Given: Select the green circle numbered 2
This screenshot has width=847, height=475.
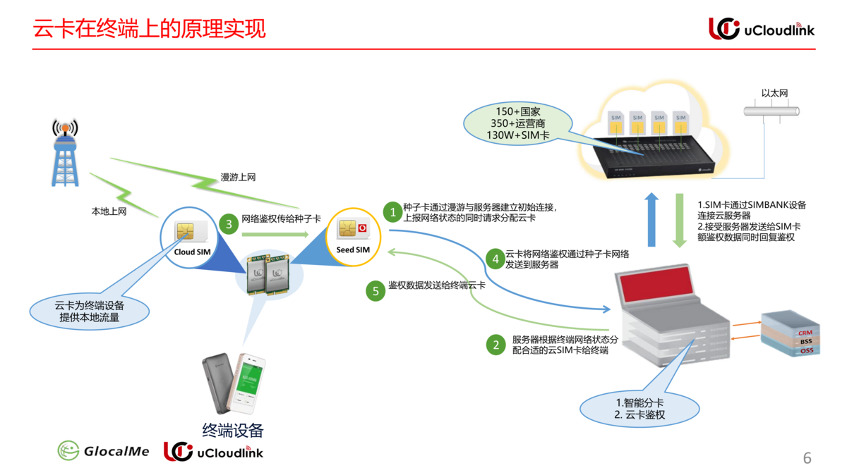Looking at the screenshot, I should [496, 345].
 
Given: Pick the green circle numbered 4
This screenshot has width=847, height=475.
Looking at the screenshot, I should [496, 259].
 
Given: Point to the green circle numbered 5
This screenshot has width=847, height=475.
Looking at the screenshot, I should [376, 290].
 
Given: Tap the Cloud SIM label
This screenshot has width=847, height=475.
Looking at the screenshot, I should [193, 252].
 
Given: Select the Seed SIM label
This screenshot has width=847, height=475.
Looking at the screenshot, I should [353, 249].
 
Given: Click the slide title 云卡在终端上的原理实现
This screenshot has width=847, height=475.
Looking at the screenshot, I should [150, 29].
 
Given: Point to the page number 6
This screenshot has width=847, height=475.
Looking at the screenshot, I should [807, 458].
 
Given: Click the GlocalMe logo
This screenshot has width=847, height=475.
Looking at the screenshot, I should [104, 451].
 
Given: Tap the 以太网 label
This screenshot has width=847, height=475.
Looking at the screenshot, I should [774, 93].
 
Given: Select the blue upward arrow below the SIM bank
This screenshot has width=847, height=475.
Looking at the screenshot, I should [651, 219].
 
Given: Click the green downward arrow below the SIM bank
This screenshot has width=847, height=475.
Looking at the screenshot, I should [680, 221].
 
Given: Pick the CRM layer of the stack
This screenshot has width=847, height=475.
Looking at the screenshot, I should [805, 333].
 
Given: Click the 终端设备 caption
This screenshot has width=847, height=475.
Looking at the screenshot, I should [233, 430].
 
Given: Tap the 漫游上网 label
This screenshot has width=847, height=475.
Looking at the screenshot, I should [238, 178].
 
